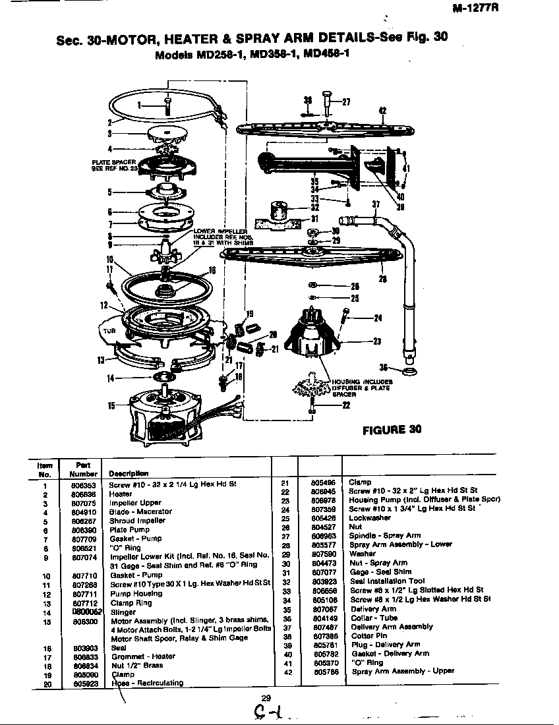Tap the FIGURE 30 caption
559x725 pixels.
(x=392, y=430)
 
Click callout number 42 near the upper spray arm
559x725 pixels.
(x=382, y=111)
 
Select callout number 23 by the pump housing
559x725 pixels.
(x=377, y=341)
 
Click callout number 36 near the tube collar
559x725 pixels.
(x=383, y=368)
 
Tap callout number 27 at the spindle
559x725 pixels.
(x=346, y=101)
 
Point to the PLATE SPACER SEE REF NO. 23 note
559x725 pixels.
(x=113, y=165)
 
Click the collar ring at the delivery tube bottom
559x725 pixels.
(x=408, y=374)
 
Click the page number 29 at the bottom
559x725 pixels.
(x=266, y=698)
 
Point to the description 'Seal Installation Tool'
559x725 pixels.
(x=387, y=581)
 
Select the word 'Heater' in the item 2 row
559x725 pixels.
(x=121, y=494)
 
